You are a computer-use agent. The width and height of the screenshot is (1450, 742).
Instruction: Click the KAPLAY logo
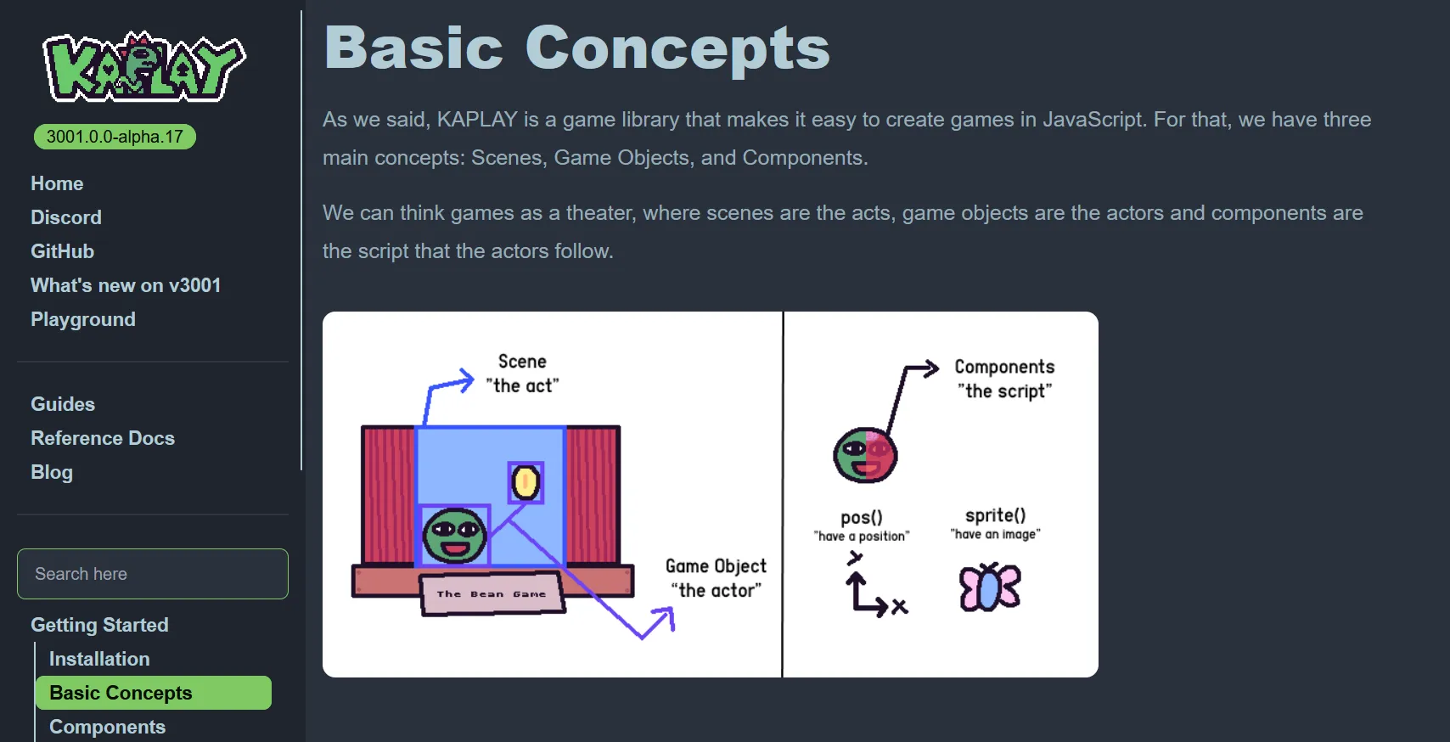143,67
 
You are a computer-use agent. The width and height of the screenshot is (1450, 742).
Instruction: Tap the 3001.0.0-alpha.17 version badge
115,137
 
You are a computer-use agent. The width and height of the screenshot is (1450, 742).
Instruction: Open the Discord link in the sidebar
66,216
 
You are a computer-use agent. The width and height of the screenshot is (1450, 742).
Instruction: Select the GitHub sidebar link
62,251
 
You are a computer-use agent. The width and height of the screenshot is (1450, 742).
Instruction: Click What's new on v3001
126,285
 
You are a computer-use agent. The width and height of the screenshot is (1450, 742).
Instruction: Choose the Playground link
83,319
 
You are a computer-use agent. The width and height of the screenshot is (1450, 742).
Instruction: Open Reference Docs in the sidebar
102,438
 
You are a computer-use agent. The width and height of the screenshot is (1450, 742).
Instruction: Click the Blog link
52,472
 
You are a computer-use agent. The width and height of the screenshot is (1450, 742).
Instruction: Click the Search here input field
153,574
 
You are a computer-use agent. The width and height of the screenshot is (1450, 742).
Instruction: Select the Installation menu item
99,659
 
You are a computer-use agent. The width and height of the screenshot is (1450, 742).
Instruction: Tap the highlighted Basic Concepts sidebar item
154,693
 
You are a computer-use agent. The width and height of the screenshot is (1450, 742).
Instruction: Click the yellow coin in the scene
525,483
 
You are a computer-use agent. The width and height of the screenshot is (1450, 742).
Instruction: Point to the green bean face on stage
454,536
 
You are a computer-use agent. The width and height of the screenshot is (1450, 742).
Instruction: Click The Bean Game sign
492,593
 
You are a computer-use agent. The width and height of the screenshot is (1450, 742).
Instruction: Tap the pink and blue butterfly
990,587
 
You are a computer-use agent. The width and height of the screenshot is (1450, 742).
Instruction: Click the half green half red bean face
865,454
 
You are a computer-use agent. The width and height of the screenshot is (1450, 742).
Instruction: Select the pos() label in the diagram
862,517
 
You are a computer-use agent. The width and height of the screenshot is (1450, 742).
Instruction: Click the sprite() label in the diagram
996,515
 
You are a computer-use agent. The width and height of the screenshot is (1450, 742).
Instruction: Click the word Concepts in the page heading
677,49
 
